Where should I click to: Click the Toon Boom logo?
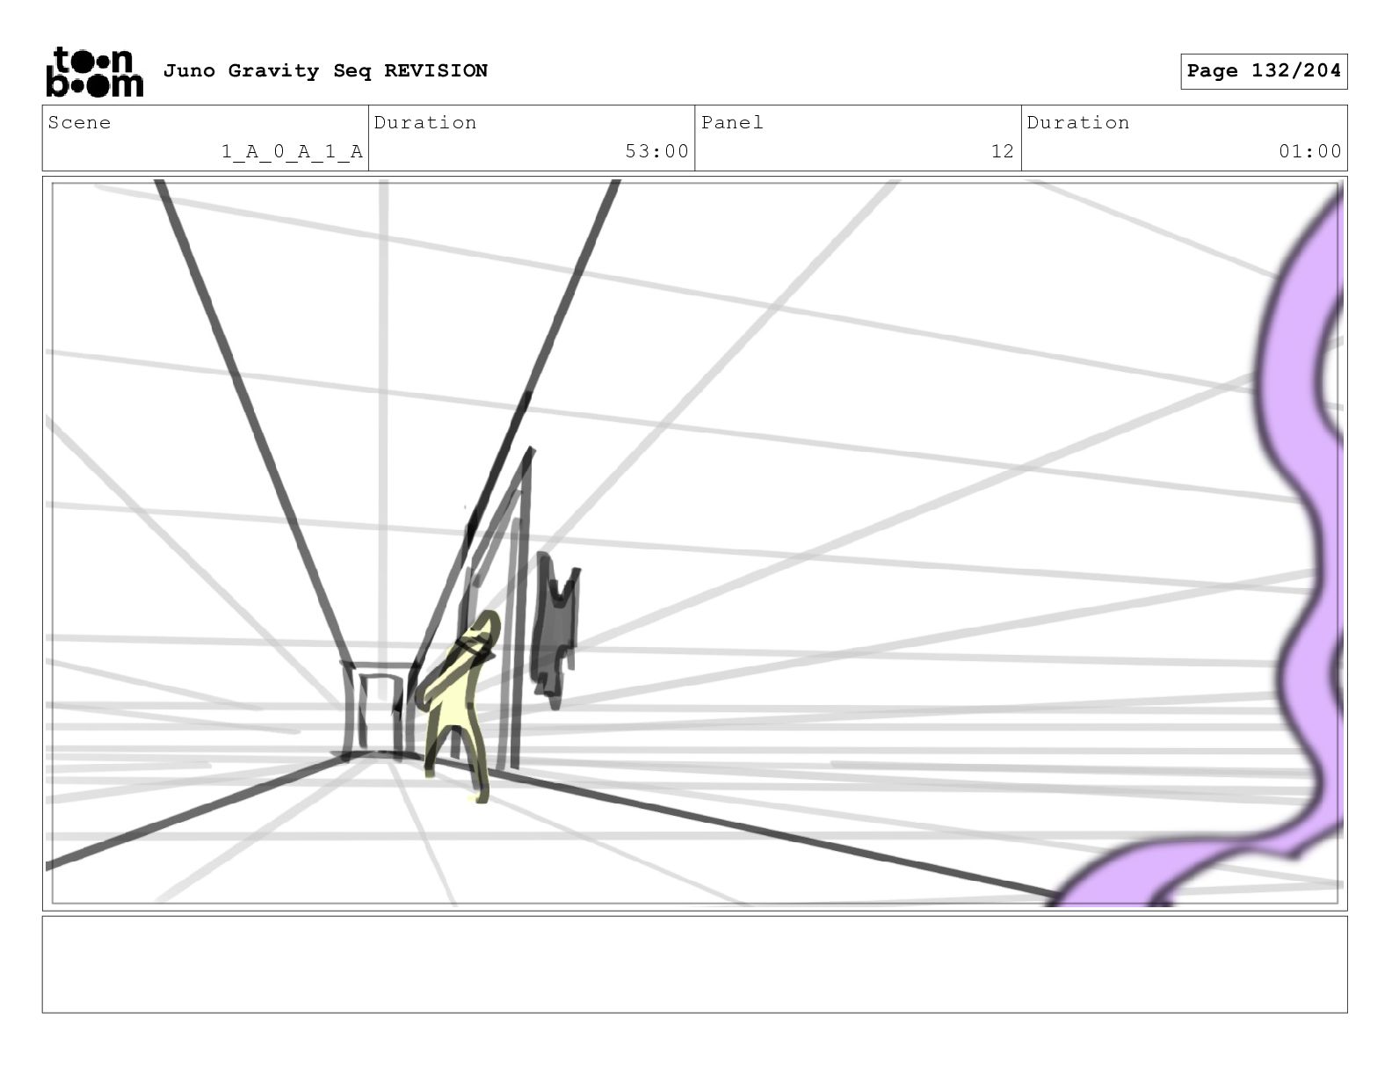95,72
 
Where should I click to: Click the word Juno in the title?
189,70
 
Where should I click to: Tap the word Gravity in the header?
273,71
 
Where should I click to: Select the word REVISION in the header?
436,70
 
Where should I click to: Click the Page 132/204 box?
1263,71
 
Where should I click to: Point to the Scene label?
79,122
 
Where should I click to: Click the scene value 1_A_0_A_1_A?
292,152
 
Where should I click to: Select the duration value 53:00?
656,151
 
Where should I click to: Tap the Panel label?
731,122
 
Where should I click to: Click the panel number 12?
1003,151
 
